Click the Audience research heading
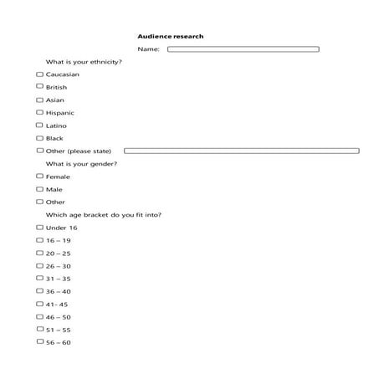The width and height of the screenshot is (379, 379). click(171, 36)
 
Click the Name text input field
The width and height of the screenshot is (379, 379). click(243, 49)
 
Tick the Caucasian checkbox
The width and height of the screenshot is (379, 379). click(39, 74)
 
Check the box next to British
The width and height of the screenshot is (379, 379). click(39, 87)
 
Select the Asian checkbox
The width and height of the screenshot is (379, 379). click(39, 100)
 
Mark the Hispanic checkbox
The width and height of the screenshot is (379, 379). click(39, 112)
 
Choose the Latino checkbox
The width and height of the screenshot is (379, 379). click(39, 125)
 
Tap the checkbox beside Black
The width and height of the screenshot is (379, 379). click(39, 138)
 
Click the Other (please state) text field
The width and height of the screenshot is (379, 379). click(241, 151)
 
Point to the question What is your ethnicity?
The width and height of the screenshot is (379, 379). click(84, 62)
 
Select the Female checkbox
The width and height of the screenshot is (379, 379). click(39, 177)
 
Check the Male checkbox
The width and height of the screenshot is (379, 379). click(39, 189)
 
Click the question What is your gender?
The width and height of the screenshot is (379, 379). click(81, 164)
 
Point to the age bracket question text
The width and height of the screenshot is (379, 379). click(104, 215)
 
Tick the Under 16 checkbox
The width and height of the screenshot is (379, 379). click(39, 228)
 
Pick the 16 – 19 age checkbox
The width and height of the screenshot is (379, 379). click(39, 240)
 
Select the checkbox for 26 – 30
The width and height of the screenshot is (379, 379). click(39, 266)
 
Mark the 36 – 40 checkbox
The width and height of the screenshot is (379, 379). click(39, 291)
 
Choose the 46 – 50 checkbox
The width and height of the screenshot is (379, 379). click(39, 317)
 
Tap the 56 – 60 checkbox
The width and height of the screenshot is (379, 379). click(39, 342)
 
